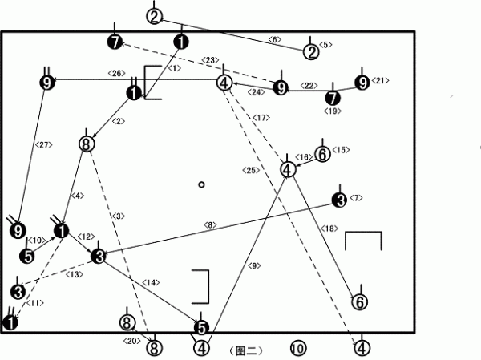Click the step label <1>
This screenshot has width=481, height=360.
pos(175,69)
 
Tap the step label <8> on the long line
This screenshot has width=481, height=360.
pos(210,224)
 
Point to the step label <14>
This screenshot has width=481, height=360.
pos(151,283)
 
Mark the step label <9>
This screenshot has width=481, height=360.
pos(255,265)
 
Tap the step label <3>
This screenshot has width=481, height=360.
pos(119,216)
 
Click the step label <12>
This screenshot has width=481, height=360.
pos(84,236)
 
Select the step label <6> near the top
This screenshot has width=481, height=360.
pos(274,39)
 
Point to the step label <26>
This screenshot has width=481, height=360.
pos(115,74)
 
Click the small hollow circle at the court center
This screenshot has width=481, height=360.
pos(202,184)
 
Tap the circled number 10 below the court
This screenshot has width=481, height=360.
pos(297,349)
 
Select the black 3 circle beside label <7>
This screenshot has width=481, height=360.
pos(340,200)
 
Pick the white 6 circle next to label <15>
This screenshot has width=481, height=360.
pos(321,153)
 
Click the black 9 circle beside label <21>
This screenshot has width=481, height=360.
pos(362,83)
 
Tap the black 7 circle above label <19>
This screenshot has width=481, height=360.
pos(332,98)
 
